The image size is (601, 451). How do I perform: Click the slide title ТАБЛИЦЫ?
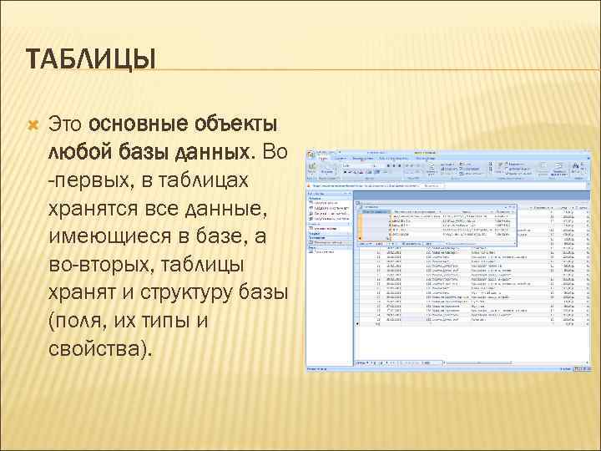click(x=91, y=60)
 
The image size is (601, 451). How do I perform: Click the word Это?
click(x=66, y=124)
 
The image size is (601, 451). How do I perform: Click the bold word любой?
click(x=78, y=153)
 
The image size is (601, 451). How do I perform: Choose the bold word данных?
click(x=210, y=153)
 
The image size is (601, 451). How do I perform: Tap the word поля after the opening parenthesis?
click(x=79, y=321)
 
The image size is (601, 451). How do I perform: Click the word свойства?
click(x=98, y=348)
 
